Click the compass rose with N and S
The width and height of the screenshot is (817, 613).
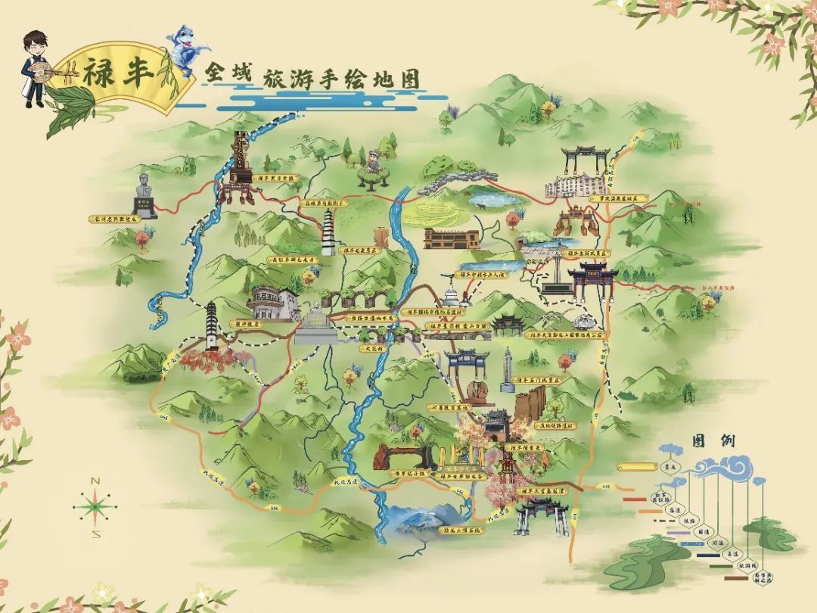[96, 506]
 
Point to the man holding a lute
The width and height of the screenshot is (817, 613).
[35, 69]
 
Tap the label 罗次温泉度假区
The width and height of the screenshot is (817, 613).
[619, 198]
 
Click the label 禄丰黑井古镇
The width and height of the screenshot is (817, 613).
[278, 179]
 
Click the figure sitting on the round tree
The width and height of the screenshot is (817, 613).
[373, 163]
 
